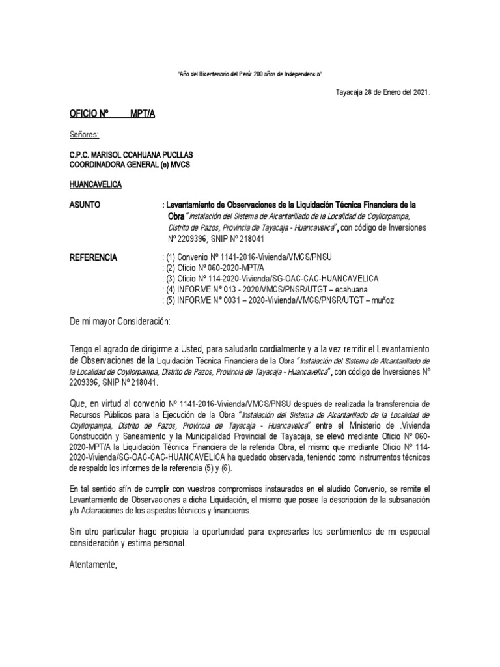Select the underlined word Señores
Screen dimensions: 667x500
[84, 135]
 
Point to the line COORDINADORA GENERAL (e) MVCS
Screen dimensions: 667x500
[130, 164]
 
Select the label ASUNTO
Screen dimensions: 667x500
[85, 205]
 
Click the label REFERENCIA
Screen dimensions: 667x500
[93, 258]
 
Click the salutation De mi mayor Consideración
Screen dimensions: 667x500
[119, 322]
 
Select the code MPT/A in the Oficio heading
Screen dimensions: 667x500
[143, 114]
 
